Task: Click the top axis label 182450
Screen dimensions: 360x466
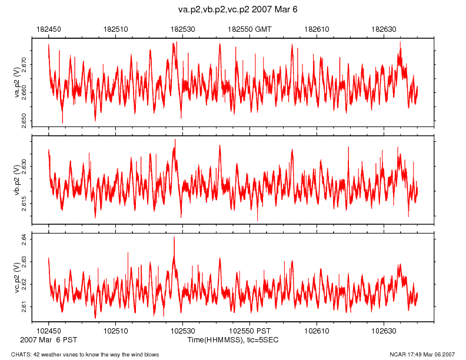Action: [x=48, y=28]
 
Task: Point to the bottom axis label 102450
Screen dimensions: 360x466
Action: [x=48, y=332]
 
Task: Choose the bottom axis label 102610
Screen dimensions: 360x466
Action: [x=317, y=332]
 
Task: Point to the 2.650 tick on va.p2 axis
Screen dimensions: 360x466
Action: [x=24, y=121]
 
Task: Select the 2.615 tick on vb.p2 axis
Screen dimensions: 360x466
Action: [x=24, y=203]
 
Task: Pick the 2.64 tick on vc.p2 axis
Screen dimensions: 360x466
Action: [x=24, y=237]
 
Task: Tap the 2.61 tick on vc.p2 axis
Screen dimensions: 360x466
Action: [x=24, y=306]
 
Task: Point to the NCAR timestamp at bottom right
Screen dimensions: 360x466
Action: [x=422, y=354]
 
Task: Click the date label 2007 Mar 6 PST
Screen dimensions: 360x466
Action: [x=48, y=340]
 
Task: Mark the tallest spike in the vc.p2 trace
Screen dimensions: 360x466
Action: [x=174, y=238]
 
